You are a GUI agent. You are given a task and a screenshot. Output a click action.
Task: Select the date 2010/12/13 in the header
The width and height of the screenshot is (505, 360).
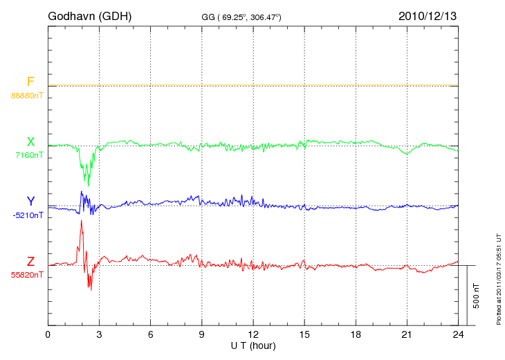(427, 15)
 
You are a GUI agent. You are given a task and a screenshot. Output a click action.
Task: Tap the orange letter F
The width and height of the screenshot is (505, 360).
(30, 82)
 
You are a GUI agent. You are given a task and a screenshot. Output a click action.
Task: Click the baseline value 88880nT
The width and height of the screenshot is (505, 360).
(26, 95)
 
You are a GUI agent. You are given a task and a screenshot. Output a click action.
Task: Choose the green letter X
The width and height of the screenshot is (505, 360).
(30, 142)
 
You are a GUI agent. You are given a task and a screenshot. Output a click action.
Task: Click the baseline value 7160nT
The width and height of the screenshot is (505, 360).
(29, 155)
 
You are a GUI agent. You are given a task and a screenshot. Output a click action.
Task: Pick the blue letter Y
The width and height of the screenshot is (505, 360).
(30, 201)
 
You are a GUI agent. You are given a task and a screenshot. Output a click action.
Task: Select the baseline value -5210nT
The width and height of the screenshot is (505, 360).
(28, 215)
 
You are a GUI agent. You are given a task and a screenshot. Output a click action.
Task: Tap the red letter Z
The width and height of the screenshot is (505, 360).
(30, 262)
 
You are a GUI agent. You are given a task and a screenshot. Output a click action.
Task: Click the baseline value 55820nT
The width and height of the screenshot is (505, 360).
(26, 275)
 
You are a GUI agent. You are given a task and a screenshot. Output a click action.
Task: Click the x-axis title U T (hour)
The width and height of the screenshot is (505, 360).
(252, 345)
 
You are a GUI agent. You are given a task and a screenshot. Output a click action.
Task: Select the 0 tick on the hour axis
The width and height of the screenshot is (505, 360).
(48, 334)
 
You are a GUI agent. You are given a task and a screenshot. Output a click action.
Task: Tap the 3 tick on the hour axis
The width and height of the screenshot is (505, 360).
(99, 334)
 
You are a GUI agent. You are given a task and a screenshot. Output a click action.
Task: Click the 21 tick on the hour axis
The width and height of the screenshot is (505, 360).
(407, 334)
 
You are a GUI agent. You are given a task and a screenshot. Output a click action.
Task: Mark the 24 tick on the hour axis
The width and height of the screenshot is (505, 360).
(458, 334)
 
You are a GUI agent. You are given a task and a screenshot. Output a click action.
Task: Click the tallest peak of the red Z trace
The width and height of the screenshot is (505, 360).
(82, 221)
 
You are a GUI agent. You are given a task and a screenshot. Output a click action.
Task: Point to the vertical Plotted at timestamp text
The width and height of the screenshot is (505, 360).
(498, 277)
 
